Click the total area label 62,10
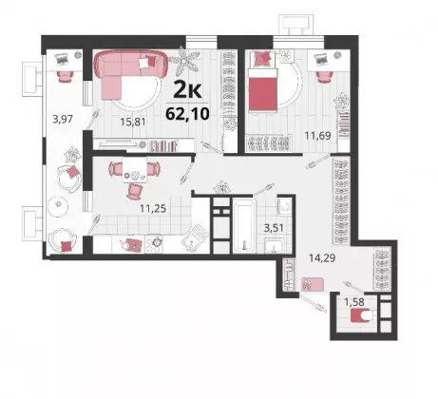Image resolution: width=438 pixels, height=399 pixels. [x=187, y=113]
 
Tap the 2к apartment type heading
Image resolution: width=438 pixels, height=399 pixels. [x=187, y=90]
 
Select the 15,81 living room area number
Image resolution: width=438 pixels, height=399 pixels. [x=133, y=122]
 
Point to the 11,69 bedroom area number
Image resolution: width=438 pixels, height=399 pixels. [x=317, y=136]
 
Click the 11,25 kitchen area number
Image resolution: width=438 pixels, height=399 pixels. [x=153, y=208]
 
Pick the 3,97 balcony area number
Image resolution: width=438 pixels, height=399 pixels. [x=63, y=120]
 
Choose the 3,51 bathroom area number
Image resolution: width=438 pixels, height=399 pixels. [x=274, y=228]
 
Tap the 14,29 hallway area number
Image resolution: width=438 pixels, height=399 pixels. [x=322, y=258]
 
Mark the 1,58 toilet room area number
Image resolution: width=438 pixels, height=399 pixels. [x=354, y=302]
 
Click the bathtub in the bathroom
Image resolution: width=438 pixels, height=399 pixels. [x=244, y=225]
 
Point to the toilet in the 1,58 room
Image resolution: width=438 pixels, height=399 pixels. [x=364, y=315]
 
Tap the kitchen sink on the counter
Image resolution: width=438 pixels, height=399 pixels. [x=195, y=238]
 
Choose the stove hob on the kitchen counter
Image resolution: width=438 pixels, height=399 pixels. [x=154, y=244]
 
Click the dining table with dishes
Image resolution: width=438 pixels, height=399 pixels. [x=135, y=170]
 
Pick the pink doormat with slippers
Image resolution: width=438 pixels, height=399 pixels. [x=313, y=284]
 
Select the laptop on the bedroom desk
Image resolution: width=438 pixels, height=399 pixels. [x=321, y=59]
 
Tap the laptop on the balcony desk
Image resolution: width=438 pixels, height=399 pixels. [x=63, y=58]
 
